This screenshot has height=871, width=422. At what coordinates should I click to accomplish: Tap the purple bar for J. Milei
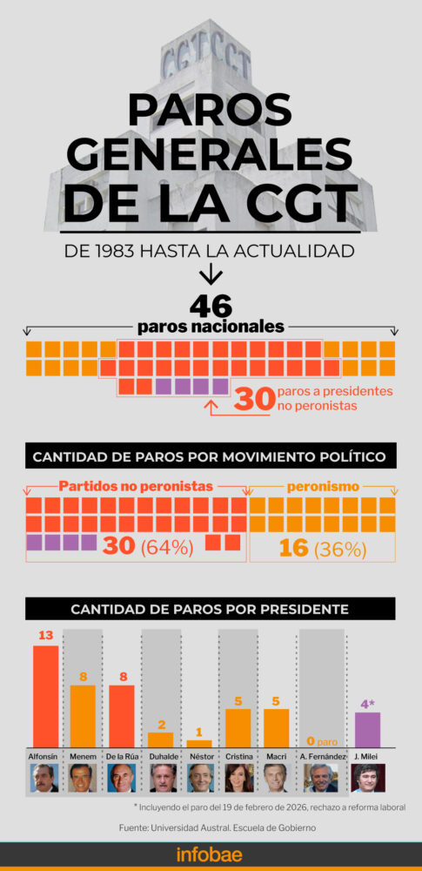pos(368,729)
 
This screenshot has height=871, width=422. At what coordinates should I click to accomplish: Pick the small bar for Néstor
pos(198,743)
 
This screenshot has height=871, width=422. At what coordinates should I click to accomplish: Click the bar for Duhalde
pos(161,739)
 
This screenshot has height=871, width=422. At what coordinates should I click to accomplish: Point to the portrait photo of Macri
pos(276,777)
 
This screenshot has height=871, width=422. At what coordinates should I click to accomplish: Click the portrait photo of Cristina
pos(238,777)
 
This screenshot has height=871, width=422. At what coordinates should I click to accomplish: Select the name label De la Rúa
pos(122,757)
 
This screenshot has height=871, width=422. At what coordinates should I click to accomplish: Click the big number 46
pos(211,306)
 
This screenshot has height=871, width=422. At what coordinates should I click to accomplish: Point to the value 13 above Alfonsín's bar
pos(45,636)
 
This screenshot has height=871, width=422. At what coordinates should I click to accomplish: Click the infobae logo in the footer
pos(211,854)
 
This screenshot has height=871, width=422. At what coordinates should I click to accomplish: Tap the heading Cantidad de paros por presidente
pos(210,608)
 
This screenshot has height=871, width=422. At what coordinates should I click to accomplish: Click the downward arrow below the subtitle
pos(211,276)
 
